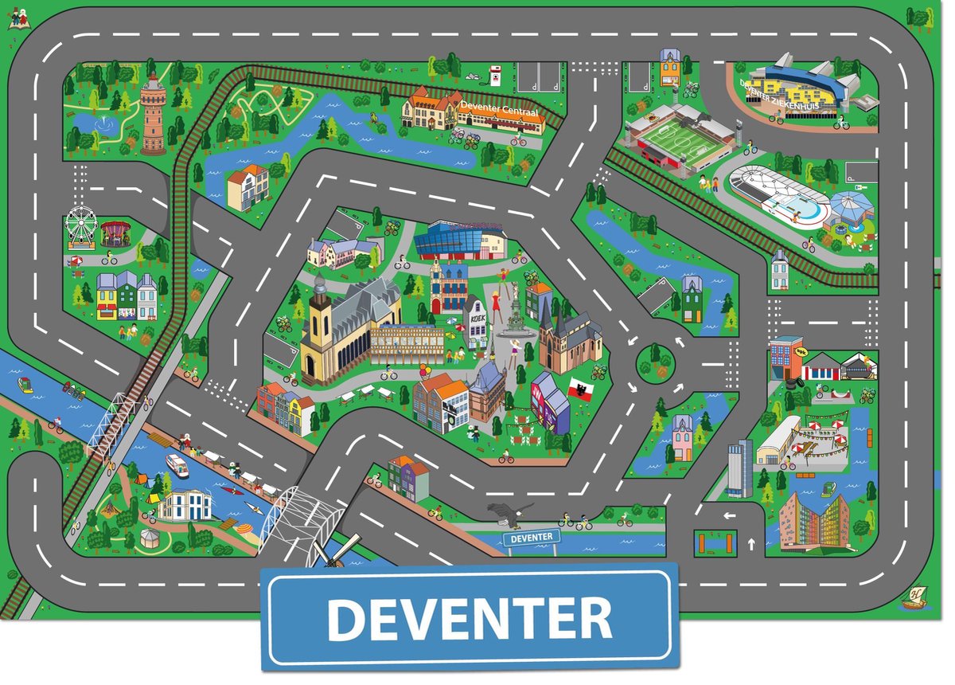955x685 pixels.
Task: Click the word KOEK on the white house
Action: tap(476, 316)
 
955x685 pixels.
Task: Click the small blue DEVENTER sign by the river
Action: tap(531, 538)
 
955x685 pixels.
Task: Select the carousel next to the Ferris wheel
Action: tap(115, 233)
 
